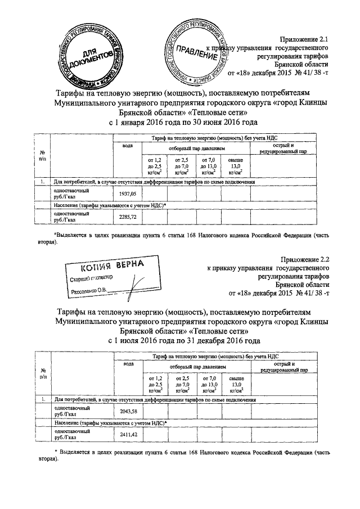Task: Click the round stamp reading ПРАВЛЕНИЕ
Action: [x=196, y=51]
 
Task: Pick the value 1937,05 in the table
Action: [x=129, y=194]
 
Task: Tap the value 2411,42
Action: [x=129, y=435]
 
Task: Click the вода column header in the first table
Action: [x=128, y=146]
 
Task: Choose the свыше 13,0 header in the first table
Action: [x=235, y=166]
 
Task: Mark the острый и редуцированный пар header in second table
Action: [x=282, y=368]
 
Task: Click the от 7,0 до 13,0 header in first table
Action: [x=209, y=166]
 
